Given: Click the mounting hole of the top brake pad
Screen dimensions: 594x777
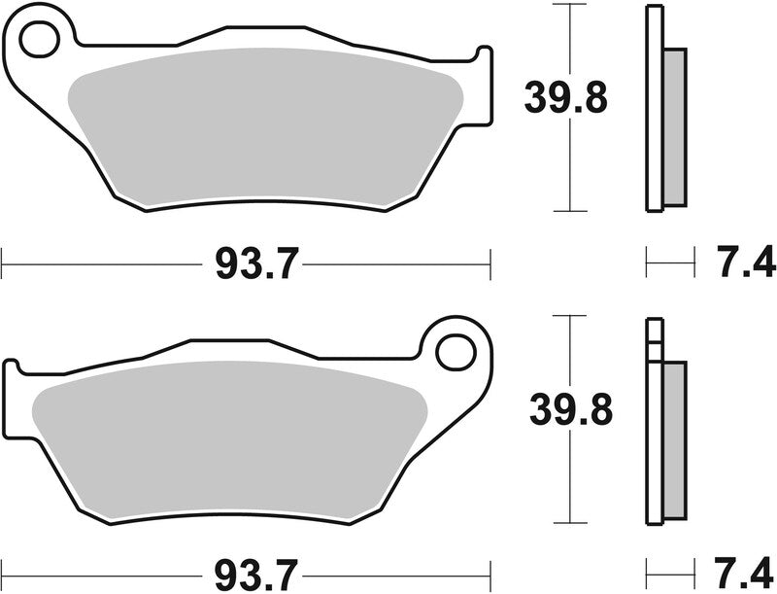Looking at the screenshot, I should (39, 42).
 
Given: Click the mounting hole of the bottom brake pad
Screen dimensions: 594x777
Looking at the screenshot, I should (454, 349).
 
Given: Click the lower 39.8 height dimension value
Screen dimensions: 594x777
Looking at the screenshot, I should (570, 409).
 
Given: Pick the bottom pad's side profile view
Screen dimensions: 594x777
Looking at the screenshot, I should (663, 418).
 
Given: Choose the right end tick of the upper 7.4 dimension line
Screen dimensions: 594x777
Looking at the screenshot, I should (695, 262).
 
